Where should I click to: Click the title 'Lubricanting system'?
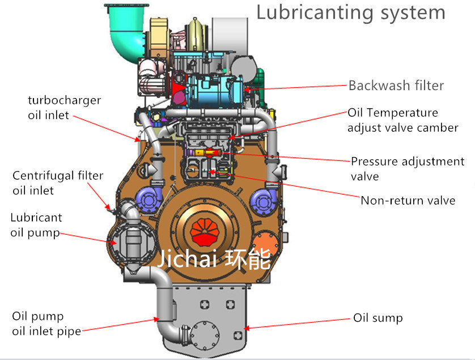click(x=351, y=12)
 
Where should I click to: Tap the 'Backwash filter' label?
click(x=396, y=86)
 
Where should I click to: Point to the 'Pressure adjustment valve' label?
click(x=407, y=168)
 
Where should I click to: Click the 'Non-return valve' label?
click(x=408, y=200)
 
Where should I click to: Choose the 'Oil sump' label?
click(x=378, y=317)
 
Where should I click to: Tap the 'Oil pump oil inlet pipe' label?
click(x=46, y=323)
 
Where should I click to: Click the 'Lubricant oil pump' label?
click(x=36, y=225)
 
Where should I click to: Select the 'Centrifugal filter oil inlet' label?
click(x=57, y=183)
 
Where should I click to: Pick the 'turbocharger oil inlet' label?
click(x=64, y=108)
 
